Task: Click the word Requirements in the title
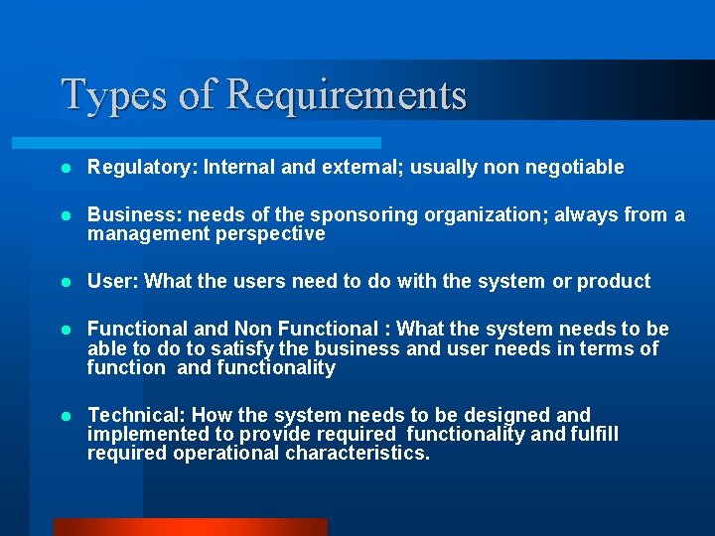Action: (x=347, y=94)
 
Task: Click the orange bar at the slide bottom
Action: (x=190, y=526)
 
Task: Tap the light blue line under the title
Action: (x=218, y=143)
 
